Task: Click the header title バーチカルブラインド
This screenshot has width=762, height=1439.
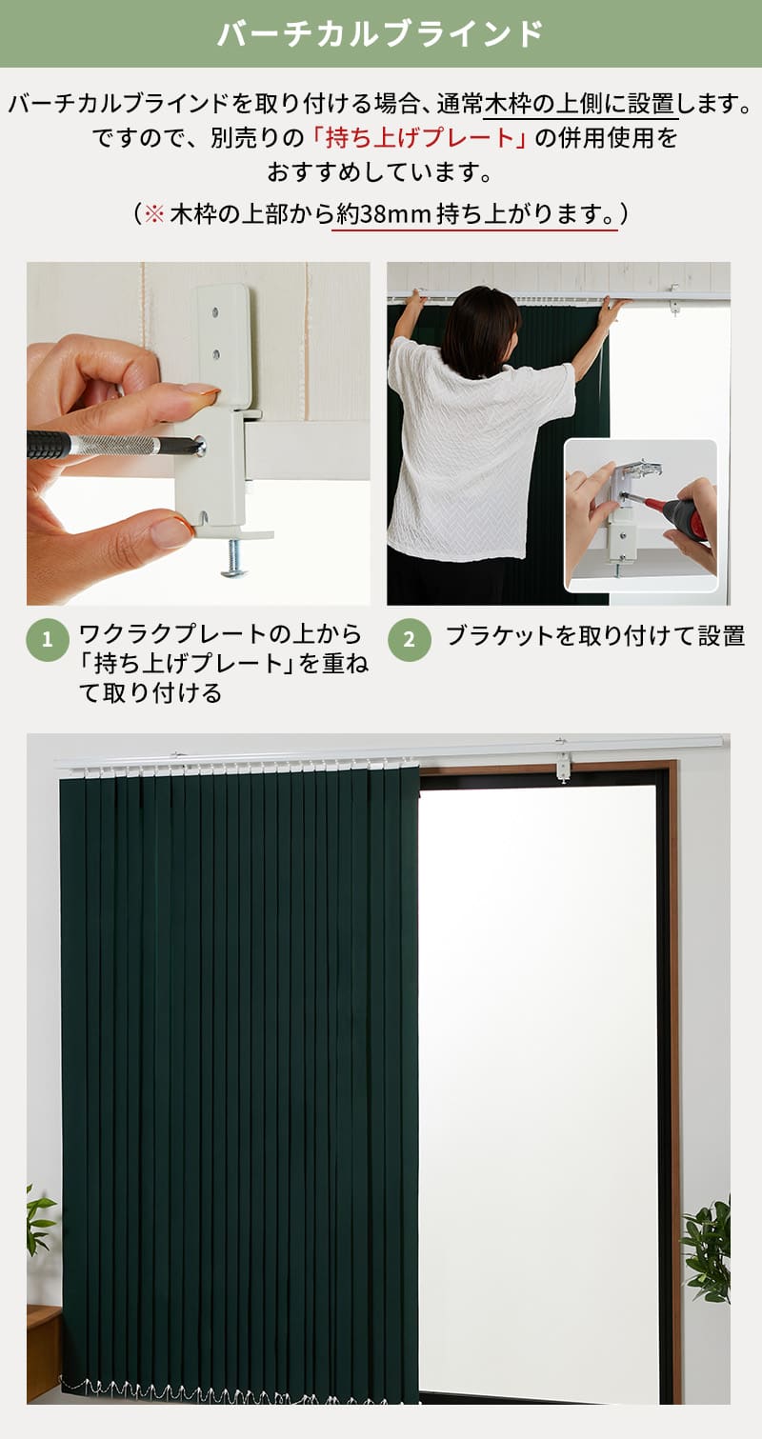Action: coord(380,33)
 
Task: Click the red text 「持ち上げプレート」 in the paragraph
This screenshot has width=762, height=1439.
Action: coord(419,137)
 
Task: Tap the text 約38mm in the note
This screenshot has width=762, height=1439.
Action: coord(383,213)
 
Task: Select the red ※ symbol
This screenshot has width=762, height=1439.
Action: coord(154,213)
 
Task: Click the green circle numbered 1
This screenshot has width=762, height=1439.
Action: coord(48,640)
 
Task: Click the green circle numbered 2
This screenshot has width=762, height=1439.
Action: coord(410,640)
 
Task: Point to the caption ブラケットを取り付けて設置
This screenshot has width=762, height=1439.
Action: coord(595,636)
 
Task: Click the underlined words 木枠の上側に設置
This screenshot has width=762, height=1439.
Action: coord(580,104)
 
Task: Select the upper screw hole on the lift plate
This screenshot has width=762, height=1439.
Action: coord(216,312)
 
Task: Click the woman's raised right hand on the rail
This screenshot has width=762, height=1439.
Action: coord(612,310)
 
